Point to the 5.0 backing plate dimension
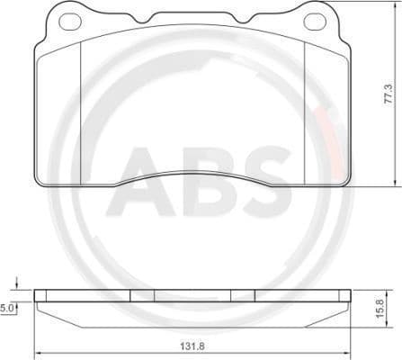click(x=8, y=308)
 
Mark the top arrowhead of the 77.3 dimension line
click(x=393, y=5)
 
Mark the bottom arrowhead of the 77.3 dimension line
click(x=393, y=183)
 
